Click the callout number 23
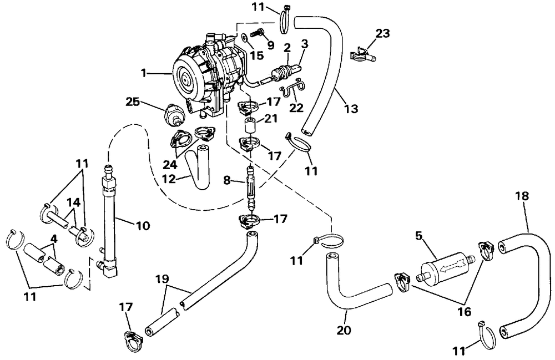[x=382, y=33]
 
